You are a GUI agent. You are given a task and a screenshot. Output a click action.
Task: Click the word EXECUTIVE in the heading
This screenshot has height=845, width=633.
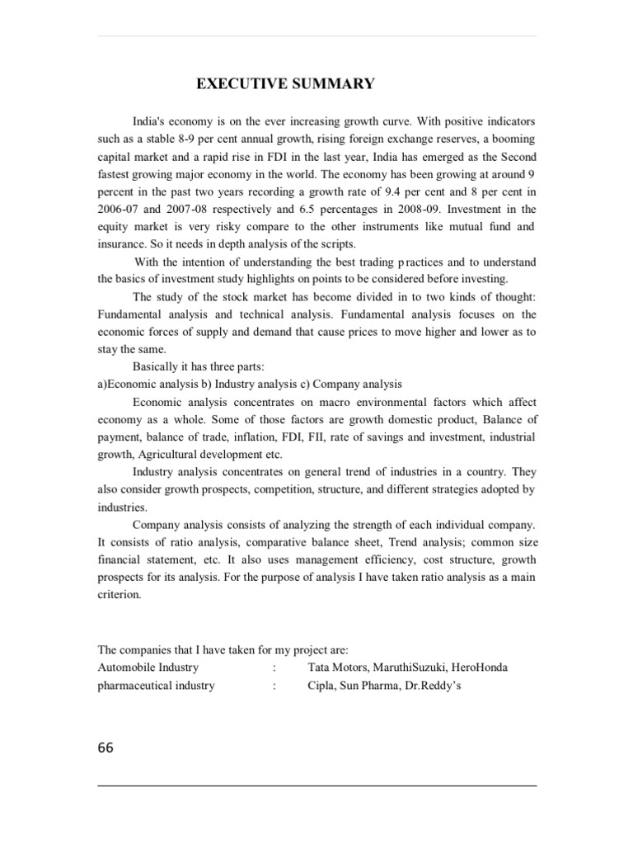click(x=235, y=84)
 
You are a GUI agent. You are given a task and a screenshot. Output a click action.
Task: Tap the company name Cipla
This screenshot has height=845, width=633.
click(x=321, y=685)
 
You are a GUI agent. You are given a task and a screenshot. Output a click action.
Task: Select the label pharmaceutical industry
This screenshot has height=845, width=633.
click(x=156, y=685)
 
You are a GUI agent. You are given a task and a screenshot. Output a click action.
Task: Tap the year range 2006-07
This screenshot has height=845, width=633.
click(x=116, y=209)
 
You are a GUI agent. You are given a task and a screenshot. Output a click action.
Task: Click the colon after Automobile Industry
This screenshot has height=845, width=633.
click(x=273, y=667)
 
